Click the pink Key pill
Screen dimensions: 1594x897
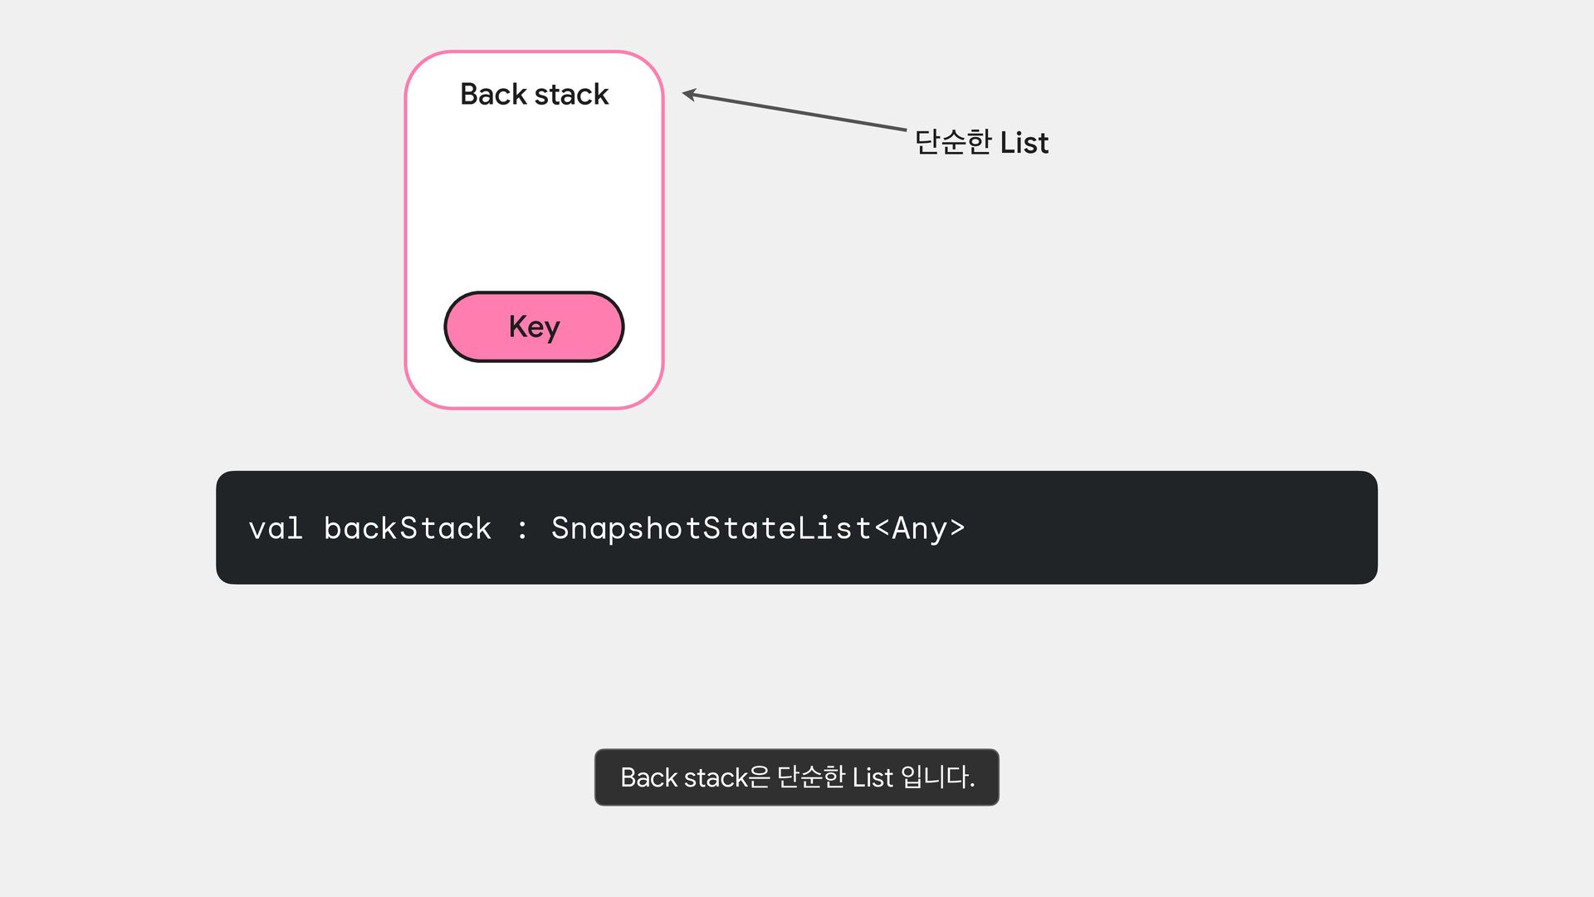534,326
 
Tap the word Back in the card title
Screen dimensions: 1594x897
493,94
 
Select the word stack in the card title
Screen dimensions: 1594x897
572,94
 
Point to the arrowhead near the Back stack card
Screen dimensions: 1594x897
687,94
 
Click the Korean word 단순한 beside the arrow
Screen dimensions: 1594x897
953,142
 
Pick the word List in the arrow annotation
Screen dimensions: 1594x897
1024,143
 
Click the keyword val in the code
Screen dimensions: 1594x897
276,528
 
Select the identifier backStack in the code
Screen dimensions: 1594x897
408,528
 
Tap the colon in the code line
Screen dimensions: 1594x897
522,529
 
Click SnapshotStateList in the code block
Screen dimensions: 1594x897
711,528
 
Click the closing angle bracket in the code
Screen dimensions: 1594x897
957,528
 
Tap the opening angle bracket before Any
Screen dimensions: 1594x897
882,528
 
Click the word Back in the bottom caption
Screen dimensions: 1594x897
649,777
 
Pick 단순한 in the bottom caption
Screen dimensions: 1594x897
811,777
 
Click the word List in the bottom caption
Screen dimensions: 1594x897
873,777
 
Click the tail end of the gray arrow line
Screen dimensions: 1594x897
905,130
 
